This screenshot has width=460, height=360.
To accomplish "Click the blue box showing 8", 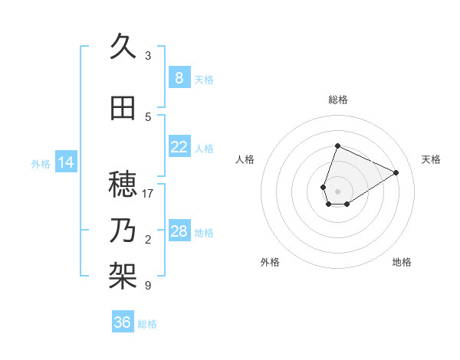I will coord(179,78).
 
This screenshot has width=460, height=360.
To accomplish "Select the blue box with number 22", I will coord(179,147).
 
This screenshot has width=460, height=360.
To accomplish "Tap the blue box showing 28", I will coord(179,231).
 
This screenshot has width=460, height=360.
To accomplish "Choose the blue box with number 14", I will coord(65,162).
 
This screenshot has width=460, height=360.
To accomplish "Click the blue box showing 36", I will coord(123,322).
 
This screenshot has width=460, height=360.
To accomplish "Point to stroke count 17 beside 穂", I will coord(148,194).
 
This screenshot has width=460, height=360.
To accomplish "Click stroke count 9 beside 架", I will coord(148,286).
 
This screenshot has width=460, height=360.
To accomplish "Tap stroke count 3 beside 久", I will coord(148,56).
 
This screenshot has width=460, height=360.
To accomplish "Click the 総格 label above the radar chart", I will coord(337,100).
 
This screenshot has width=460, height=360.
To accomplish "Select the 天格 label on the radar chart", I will coord(431,159).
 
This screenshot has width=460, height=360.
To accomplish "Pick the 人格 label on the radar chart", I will coord(245,159).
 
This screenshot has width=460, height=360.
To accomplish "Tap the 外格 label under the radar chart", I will coord(270,262).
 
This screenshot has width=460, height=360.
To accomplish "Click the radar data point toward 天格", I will coord(396,172).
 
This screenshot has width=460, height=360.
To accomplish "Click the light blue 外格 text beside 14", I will coord(41,163).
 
